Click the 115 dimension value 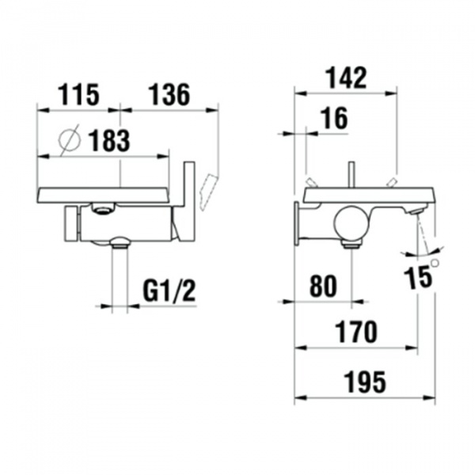[x=78, y=95]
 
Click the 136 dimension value [x=168, y=95]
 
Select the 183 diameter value [x=109, y=142]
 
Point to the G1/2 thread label [x=169, y=291]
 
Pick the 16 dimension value [x=335, y=120]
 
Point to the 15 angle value [x=417, y=276]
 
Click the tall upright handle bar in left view [x=189, y=202]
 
